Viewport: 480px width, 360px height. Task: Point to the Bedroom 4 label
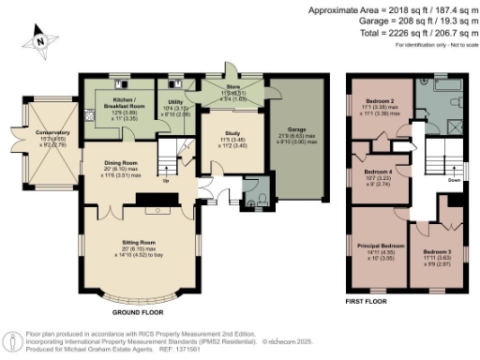(377, 172)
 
